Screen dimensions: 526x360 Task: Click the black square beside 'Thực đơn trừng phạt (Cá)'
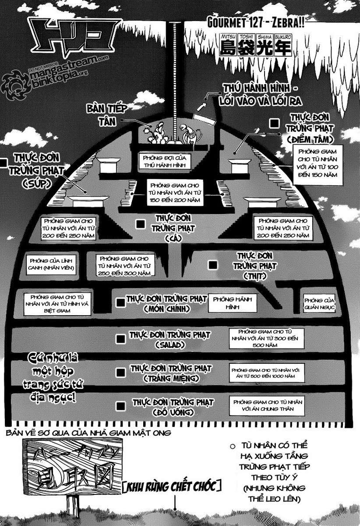point(140,224)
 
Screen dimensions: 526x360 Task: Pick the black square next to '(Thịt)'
point(213,265)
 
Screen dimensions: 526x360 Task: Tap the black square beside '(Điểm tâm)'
point(275,124)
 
